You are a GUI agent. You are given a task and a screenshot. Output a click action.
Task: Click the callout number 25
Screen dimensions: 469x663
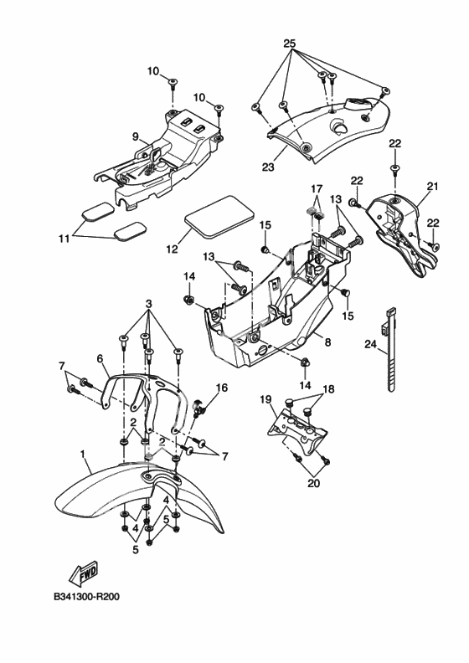290,44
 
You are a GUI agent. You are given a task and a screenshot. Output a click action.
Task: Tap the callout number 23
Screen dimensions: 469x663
268,167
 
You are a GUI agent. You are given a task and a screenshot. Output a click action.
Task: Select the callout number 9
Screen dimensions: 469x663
136,136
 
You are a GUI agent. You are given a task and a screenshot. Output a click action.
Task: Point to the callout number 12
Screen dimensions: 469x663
173,249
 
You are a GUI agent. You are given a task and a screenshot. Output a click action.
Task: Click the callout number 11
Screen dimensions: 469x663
64,239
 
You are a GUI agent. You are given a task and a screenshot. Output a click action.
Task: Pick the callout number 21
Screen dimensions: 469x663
433,186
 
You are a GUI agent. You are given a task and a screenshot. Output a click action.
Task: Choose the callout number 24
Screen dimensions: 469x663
370,345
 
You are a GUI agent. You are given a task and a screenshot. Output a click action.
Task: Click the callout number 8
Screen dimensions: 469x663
327,342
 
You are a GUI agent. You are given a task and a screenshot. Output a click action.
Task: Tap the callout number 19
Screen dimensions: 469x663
265,398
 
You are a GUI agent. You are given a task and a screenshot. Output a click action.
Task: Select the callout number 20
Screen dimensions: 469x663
314,483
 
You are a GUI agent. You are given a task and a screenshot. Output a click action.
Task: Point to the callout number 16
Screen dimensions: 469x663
222,388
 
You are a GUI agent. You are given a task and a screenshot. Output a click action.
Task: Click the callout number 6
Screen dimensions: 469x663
100,358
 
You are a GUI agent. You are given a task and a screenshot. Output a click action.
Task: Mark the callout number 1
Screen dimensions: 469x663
83,454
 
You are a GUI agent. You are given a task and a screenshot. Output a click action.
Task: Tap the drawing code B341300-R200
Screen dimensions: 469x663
87,597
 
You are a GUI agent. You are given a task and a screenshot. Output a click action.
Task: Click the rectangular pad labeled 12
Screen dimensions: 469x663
219,217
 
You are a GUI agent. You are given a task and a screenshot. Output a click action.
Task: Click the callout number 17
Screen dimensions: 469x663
317,188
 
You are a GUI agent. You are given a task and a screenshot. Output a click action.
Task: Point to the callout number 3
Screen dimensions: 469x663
149,304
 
